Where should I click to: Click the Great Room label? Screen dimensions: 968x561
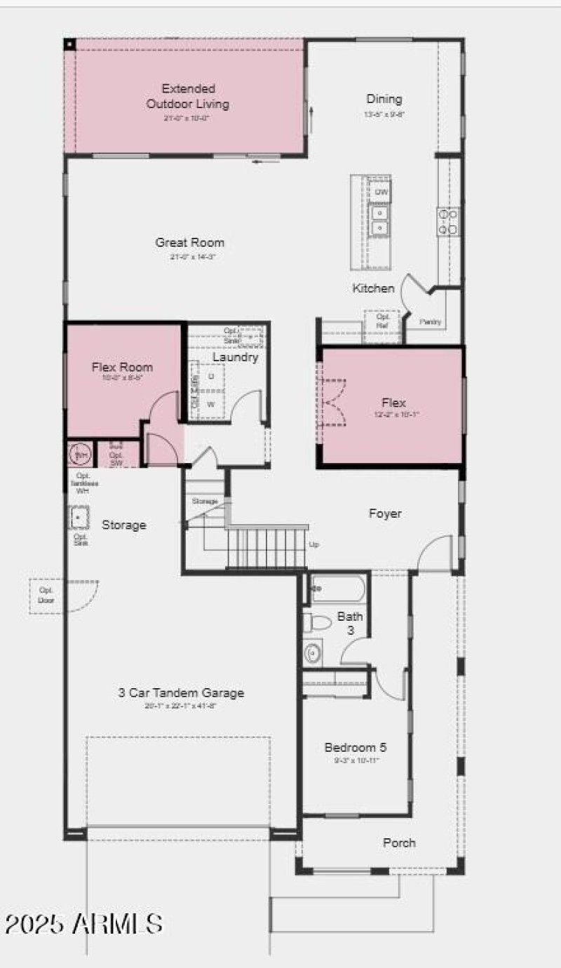(x=190, y=243)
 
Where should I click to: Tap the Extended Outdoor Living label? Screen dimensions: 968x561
(x=187, y=97)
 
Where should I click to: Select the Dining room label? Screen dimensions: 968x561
(x=384, y=99)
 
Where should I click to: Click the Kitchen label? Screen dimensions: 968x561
(x=373, y=288)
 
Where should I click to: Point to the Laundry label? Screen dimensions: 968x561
(x=236, y=357)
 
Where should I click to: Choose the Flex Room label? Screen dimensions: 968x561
(x=122, y=367)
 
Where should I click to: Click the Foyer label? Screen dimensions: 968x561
(x=385, y=513)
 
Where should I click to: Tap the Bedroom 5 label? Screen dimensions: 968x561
(x=355, y=747)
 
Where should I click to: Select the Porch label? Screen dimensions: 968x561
(x=399, y=842)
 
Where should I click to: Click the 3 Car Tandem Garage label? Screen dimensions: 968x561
(x=181, y=692)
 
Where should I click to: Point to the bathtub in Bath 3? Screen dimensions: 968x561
(x=338, y=589)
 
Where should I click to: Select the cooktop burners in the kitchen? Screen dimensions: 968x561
(x=448, y=222)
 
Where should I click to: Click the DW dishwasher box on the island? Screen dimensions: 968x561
(x=381, y=191)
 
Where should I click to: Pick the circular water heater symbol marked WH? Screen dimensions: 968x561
(x=81, y=455)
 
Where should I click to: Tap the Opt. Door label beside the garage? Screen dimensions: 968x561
(x=46, y=596)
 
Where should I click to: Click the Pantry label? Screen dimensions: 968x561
(x=430, y=322)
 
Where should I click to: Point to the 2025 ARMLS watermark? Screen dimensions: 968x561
(x=83, y=923)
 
